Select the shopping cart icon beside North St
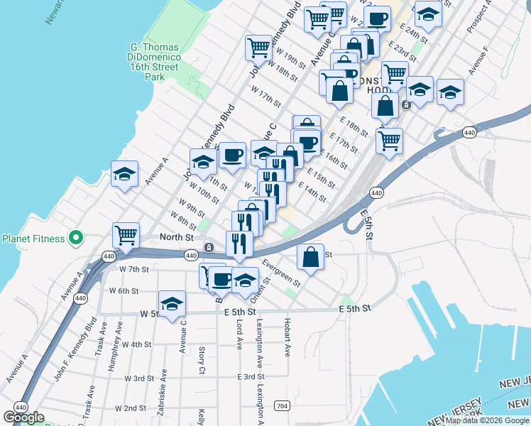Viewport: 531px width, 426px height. point(126,234)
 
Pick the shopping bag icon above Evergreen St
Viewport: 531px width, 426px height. point(310,256)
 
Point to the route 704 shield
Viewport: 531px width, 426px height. point(282,406)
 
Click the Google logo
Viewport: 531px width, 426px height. point(24,417)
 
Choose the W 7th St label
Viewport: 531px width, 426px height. point(134,269)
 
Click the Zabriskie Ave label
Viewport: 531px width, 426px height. point(163,391)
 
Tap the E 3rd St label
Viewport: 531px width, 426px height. point(251,376)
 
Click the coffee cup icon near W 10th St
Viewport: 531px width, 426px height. point(231,154)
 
